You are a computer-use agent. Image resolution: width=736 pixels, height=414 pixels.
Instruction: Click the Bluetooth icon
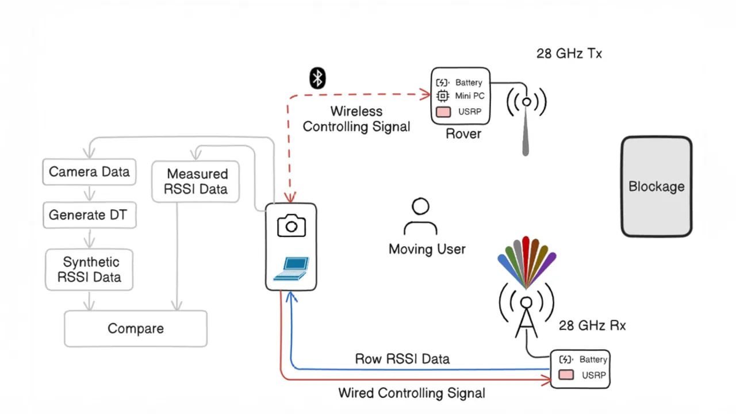click(x=317, y=78)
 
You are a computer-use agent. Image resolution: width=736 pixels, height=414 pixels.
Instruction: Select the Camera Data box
click(x=89, y=172)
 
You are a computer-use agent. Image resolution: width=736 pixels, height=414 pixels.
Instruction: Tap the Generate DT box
click(x=89, y=215)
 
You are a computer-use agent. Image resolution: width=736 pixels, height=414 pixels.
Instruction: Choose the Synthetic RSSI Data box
click(x=89, y=270)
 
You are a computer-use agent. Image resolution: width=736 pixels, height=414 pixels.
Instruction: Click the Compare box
click(x=136, y=329)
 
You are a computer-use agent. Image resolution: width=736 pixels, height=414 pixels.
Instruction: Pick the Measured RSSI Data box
click(x=195, y=181)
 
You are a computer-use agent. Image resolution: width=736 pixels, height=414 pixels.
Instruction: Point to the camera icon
click(x=291, y=226)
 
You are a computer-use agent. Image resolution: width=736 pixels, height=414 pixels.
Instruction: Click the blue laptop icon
click(x=292, y=269)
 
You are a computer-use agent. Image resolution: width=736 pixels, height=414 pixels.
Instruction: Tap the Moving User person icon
click(x=420, y=217)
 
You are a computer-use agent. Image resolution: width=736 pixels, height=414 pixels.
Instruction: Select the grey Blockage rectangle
click(x=656, y=186)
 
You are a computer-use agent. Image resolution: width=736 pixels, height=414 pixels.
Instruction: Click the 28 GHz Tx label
click(x=569, y=53)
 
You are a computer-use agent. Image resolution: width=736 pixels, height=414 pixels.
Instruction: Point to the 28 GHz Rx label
click(x=592, y=325)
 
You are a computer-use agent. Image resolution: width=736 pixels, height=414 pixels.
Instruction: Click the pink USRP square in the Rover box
click(x=443, y=112)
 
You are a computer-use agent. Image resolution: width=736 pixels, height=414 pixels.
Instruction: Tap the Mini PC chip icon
click(x=442, y=96)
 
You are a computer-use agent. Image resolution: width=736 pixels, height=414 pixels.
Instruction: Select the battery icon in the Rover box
click(x=442, y=83)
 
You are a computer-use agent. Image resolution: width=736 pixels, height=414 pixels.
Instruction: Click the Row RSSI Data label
click(x=402, y=359)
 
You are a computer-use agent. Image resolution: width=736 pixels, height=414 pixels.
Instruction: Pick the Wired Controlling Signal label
click(x=411, y=393)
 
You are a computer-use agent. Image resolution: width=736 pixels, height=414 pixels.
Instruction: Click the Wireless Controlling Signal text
click(x=356, y=119)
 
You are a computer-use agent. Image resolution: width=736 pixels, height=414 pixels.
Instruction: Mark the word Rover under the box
click(x=463, y=134)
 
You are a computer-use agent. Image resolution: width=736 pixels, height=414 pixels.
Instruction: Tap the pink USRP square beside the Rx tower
click(x=566, y=375)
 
